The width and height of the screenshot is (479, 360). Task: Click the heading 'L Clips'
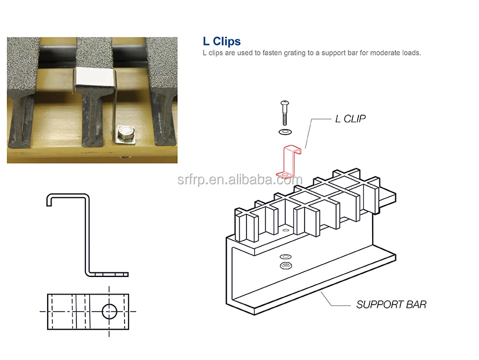pyautogui.click(x=222, y=42)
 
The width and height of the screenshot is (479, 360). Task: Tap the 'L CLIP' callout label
pyautogui.click(x=351, y=119)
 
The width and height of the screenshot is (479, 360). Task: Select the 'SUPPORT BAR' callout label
pyautogui.click(x=391, y=304)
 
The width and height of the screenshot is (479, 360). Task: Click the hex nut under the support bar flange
pyautogui.click(x=285, y=265)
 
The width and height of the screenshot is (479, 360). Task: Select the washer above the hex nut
pyautogui.click(x=285, y=256)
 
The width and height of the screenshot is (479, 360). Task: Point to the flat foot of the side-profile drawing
pyautogui.click(x=111, y=274)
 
